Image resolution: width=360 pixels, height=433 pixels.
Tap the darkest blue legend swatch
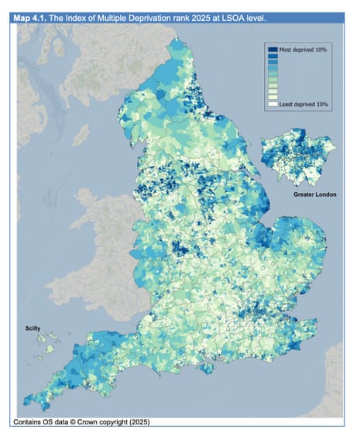coord(273,49)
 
